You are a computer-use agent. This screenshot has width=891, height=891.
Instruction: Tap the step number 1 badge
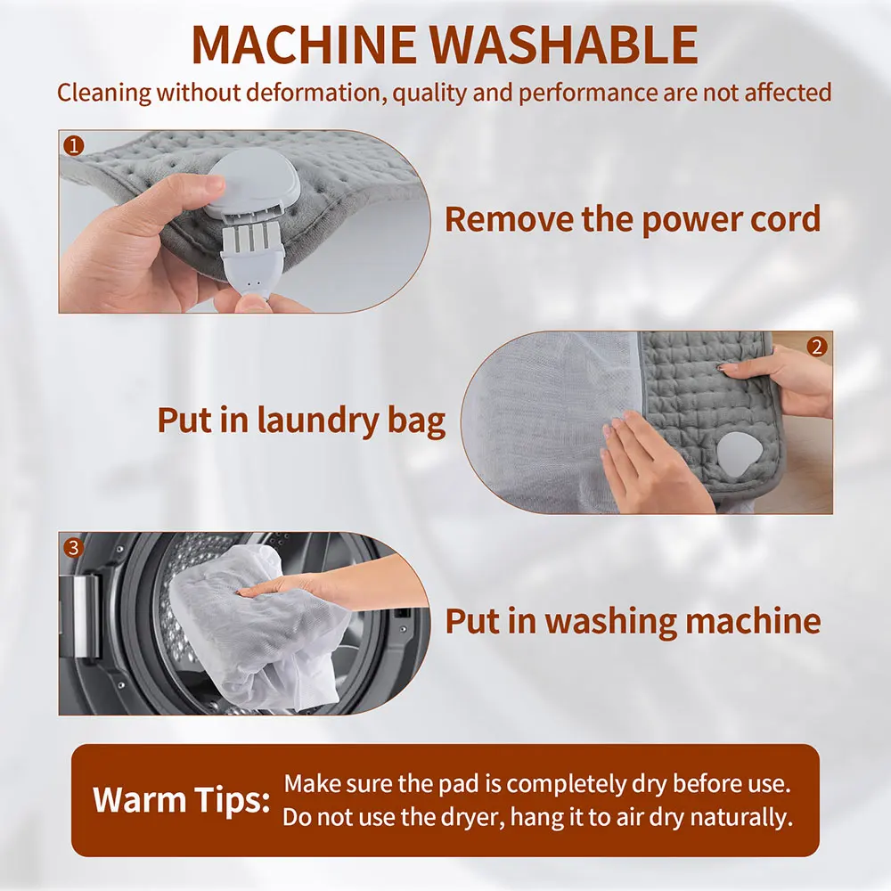pos(73,143)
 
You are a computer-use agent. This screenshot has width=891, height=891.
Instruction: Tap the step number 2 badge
pos(817,346)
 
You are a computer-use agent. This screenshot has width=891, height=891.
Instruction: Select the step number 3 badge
pos(73,546)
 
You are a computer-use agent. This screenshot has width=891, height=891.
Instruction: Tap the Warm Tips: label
pos(182,799)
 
